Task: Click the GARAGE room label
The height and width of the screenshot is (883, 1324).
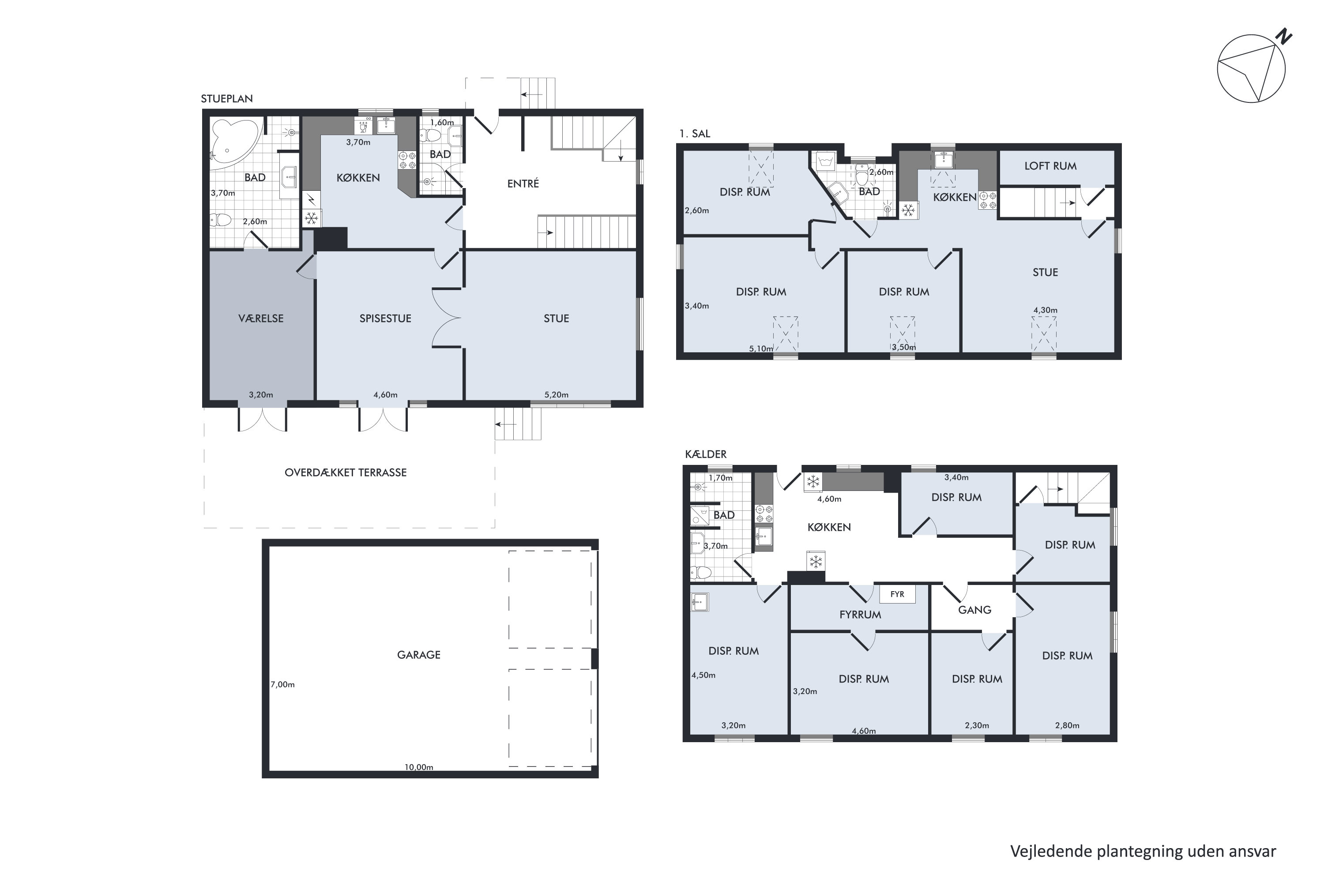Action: click(419, 655)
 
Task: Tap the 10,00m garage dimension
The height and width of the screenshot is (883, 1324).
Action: click(419, 767)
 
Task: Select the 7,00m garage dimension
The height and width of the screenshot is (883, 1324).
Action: click(282, 685)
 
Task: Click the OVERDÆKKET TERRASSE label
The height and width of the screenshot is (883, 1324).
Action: click(346, 472)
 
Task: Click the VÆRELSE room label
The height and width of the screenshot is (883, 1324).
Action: click(261, 319)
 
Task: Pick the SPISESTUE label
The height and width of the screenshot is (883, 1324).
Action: click(386, 319)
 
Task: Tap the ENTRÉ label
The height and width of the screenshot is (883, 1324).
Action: click(523, 184)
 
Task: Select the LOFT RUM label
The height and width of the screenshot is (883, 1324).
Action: click(1050, 166)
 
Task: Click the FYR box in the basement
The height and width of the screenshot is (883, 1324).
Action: click(897, 594)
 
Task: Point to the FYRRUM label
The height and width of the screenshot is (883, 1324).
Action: click(860, 615)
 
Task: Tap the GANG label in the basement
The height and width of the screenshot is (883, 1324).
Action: click(974, 610)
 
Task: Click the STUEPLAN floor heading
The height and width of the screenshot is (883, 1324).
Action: click(227, 98)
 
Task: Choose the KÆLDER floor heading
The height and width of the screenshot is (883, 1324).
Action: click(706, 454)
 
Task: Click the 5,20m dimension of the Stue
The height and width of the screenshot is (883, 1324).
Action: click(556, 395)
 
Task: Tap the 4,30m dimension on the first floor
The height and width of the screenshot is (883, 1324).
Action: click(1046, 310)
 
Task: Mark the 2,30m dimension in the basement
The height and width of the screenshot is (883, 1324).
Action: click(977, 725)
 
